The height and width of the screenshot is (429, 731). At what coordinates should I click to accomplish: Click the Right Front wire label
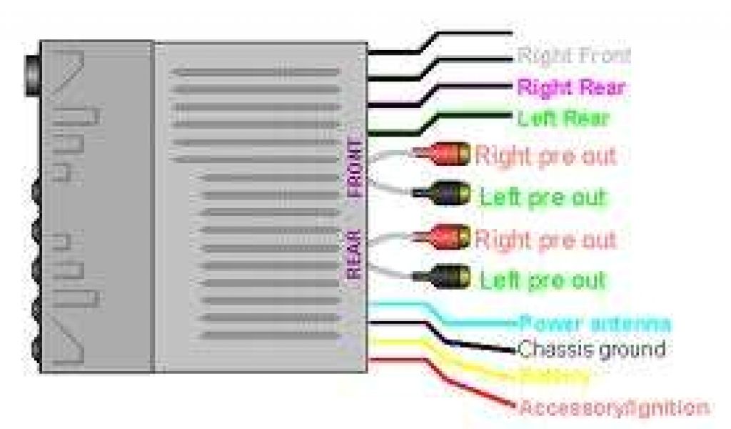coord(573,56)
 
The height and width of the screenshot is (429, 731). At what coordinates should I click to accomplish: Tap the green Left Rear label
coord(563,118)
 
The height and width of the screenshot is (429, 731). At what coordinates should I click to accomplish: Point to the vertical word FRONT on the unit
coord(355,169)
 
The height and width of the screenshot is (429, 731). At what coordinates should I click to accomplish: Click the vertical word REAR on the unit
coord(355,254)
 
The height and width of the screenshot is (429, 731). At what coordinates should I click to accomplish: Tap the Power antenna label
coord(595,323)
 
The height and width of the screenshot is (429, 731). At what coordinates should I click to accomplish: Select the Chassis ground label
coord(590,350)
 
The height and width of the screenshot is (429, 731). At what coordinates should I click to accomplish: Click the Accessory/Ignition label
coord(613,408)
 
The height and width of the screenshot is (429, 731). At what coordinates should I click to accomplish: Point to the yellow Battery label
coord(553,376)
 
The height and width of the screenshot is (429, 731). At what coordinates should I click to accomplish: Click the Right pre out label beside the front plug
coord(545,155)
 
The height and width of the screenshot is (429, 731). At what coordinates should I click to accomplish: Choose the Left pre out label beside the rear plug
coord(543,280)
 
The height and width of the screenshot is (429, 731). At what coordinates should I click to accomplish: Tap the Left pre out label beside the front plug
coord(543,197)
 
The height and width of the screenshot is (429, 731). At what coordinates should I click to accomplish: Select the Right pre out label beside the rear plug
coord(545,239)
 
